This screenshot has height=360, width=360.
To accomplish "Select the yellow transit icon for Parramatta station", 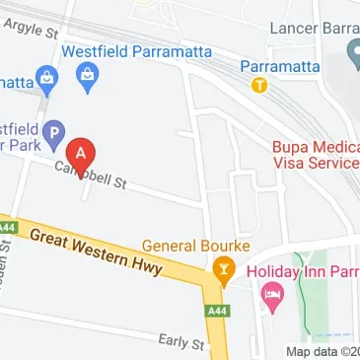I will point(259,85).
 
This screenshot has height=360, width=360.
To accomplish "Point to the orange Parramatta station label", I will point(279,66).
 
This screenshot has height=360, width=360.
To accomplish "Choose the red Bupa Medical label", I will point(316,147).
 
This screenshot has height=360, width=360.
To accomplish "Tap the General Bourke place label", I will point(196,246).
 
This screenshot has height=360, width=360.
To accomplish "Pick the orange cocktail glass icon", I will point(223,268).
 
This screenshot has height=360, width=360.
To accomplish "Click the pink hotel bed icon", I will point(273,293).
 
